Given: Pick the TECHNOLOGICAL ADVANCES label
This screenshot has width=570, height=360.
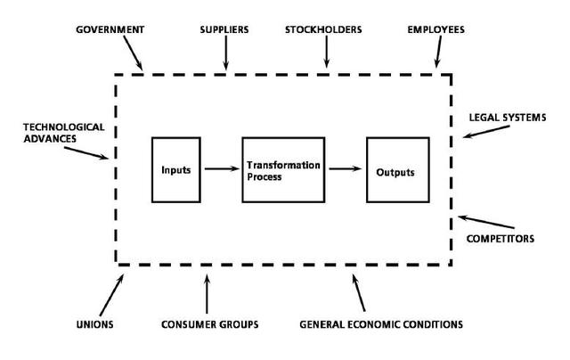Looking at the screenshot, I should [51, 133].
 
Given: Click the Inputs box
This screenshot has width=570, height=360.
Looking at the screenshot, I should [176, 169].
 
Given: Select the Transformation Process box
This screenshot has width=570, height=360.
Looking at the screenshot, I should [281, 169].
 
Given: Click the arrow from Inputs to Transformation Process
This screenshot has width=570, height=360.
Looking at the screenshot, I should [220, 168].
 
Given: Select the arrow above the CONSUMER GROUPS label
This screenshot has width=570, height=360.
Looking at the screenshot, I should [207, 292].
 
